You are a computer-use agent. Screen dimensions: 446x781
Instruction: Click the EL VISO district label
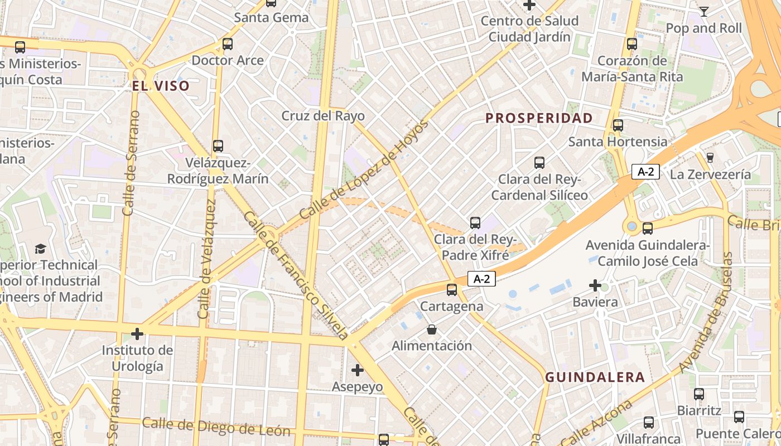pyautogui.click(x=161, y=86)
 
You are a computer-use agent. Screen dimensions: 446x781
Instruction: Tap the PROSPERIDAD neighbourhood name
pyautogui.click(x=539, y=118)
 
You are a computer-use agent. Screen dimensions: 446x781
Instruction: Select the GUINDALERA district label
pyautogui.click(x=595, y=377)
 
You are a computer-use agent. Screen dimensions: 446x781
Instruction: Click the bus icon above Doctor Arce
pyautogui.click(x=227, y=44)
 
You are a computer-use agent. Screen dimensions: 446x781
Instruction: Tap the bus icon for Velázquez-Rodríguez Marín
pyautogui.click(x=218, y=146)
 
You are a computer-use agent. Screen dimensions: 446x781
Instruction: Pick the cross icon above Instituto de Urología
pyautogui.click(x=137, y=334)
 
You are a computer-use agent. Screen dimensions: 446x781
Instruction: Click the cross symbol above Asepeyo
pyautogui.click(x=357, y=370)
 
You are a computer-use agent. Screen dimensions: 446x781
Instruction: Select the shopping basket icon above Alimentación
pyautogui.click(x=431, y=330)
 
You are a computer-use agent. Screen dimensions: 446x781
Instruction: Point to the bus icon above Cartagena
pyautogui.click(x=452, y=290)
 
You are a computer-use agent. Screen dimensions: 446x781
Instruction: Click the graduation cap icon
pyautogui.click(x=41, y=249)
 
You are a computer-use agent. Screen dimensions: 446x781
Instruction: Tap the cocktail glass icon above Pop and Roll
pyautogui.click(x=704, y=12)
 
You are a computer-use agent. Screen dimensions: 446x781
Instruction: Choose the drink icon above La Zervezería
pyautogui.click(x=710, y=158)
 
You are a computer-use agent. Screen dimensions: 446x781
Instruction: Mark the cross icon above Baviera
pyautogui.click(x=595, y=286)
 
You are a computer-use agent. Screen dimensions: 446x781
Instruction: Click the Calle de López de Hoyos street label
pyautogui.click(x=364, y=169)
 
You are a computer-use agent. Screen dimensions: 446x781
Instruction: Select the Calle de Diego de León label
pyautogui.click(x=216, y=427)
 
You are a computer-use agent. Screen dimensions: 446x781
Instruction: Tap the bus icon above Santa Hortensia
pyautogui.click(x=618, y=125)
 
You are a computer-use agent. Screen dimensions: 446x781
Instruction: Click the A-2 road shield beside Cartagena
pyautogui.click(x=482, y=279)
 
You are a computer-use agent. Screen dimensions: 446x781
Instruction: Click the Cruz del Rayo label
pyautogui.click(x=323, y=116)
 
